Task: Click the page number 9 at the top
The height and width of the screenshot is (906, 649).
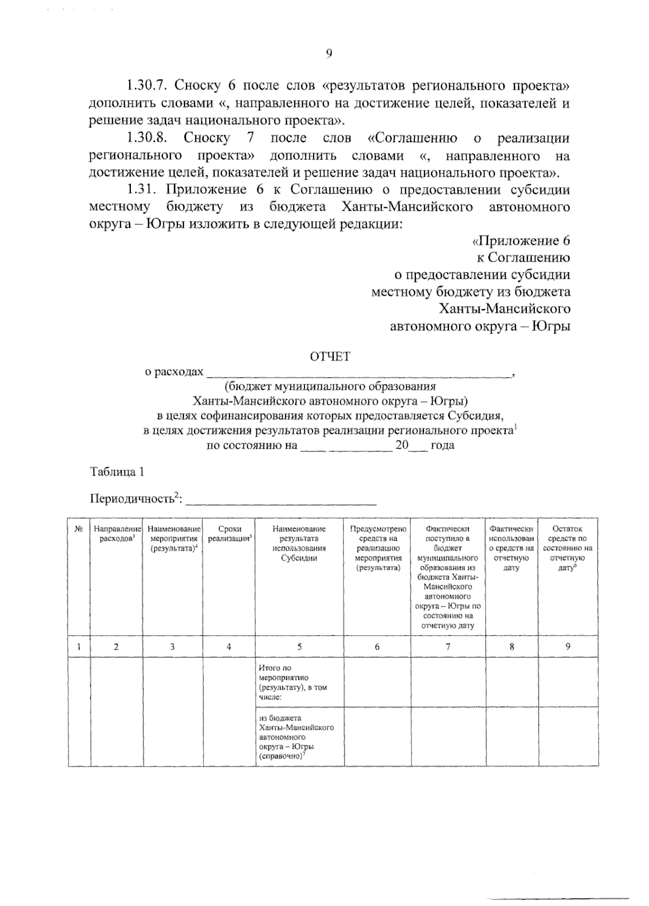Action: click(328, 53)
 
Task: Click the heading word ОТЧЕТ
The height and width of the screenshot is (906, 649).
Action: click(330, 356)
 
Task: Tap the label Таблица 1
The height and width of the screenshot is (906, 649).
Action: click(117, 471)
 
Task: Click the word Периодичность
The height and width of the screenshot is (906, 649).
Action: click(132, 498)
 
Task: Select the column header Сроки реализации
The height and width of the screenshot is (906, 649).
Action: click(229, 534)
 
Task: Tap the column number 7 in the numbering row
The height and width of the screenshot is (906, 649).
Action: click(448, 646)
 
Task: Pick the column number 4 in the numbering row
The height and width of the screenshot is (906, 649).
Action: click(229, 646)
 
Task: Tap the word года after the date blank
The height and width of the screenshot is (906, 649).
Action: click(442, 445)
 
